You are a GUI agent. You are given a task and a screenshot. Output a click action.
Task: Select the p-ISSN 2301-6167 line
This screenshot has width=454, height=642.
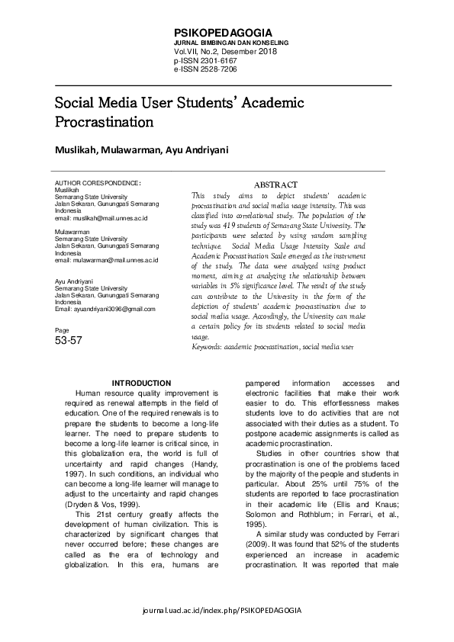click(204, 60)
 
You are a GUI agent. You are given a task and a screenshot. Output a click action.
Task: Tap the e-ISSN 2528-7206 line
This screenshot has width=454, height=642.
click(204, 69)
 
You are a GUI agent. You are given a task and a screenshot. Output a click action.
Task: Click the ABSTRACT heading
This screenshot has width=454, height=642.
click(275, 185)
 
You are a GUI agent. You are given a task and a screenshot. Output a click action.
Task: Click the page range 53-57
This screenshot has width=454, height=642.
click(69, 342)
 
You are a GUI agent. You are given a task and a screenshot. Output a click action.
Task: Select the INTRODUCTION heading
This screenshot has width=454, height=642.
click(141, 383)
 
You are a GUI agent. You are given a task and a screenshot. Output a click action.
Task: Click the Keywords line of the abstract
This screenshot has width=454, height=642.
click(272, 347)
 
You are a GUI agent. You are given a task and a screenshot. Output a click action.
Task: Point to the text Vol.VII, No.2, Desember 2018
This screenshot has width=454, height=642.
click(226, 52)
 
